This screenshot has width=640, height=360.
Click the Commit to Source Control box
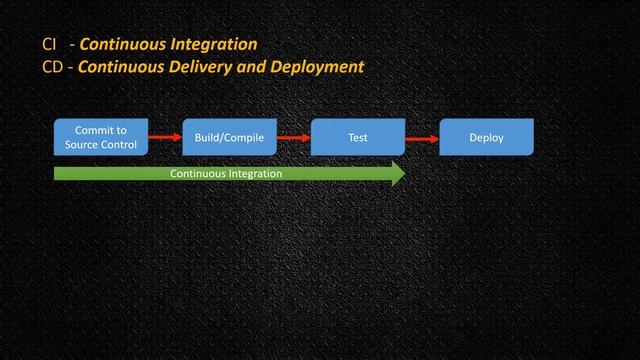[x=101, y=137]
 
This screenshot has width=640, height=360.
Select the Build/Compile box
[x=230, y=137]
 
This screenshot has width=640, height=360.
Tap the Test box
[x=358, y=137]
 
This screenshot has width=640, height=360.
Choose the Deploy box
[x=487, y=137]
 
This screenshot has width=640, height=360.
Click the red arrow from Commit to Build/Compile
[x=166, y=137]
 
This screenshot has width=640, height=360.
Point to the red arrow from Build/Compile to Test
[x=294, y=137]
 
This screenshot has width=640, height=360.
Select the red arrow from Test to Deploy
[x=422, y=138]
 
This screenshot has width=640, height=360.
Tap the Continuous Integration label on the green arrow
[x=226, y=173]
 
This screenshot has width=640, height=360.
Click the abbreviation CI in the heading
[x=49, y=45]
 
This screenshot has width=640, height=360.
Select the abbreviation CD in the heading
[x=52, y=68]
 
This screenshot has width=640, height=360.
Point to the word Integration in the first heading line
[x=212, y=45]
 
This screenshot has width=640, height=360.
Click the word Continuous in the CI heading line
[x=122, y=45]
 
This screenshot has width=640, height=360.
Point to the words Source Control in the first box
[x=101, y=145]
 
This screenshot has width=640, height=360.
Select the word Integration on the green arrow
[x=255, y=173]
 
